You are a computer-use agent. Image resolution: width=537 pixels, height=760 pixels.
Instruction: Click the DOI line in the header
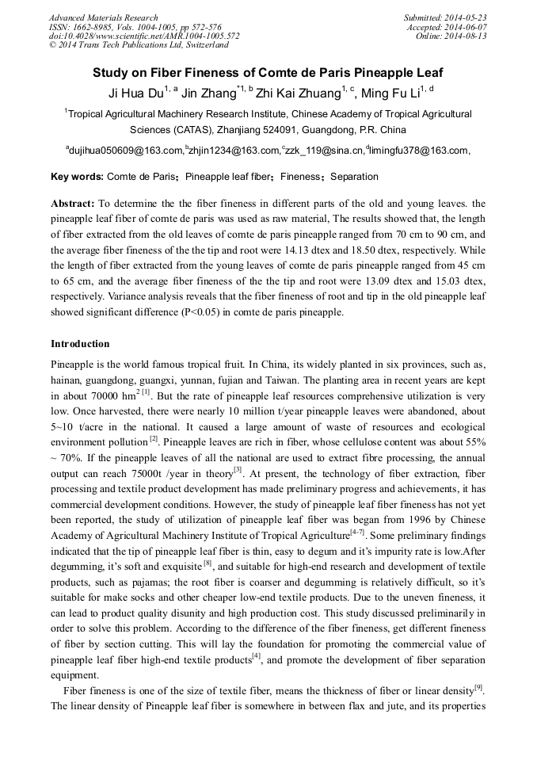click(144, 36)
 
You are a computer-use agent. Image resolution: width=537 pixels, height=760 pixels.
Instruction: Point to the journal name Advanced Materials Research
click(103, 17)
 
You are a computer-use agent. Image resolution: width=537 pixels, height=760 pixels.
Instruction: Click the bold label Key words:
click(77, 177)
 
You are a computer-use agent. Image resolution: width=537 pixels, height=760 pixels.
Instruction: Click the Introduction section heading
click(80, 344)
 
